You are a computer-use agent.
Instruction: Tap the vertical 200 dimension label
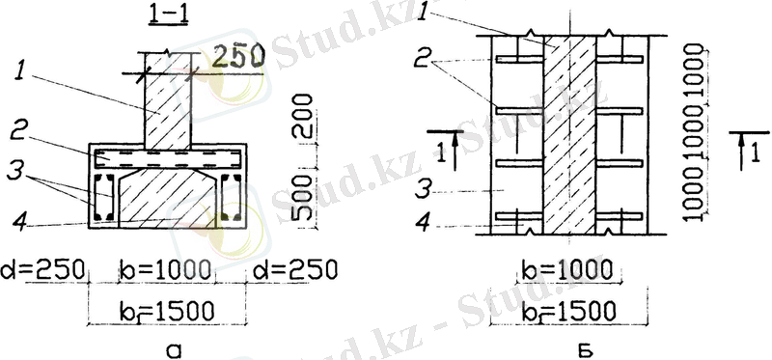303,117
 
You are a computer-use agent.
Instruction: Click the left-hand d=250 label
43,269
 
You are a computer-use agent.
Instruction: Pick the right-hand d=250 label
295,269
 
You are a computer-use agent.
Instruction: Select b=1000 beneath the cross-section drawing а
166,269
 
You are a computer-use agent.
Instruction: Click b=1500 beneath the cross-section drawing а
166,310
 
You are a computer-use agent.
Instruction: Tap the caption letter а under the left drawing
175,350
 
